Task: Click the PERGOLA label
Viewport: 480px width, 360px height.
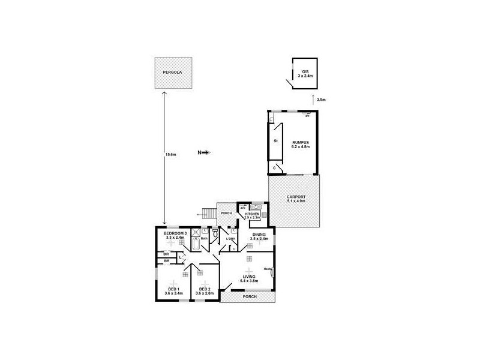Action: [x=172, y=73]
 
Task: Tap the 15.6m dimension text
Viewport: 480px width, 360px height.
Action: [x=170, y=154]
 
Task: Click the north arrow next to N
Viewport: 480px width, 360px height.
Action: [x=206, y=153]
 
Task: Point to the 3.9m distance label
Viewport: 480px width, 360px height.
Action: [x=321, y=100]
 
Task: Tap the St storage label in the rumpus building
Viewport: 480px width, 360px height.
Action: [x=275, y=141]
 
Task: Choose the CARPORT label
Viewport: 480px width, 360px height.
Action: [x=296, y=199]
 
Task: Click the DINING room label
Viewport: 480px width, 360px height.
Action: [x=259, y=235]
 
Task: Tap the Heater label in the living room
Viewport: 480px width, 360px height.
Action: [x=267, y=269]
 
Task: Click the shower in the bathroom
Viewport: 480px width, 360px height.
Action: [x=205, y=232]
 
